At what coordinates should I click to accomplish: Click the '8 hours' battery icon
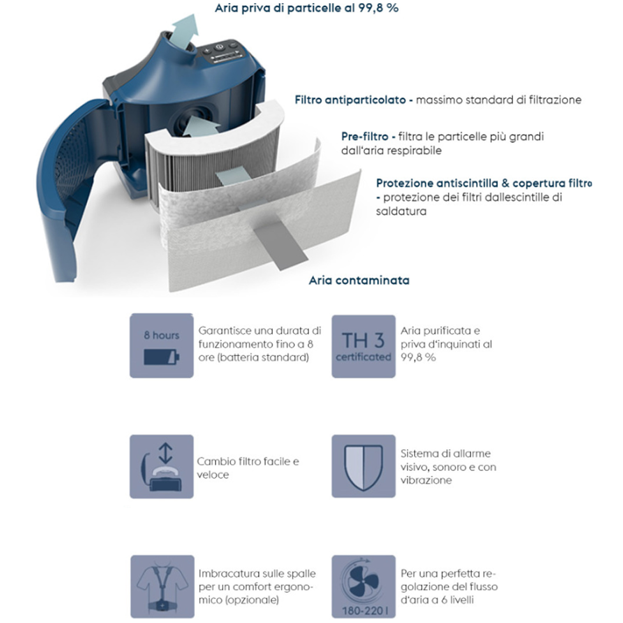coord(162,345)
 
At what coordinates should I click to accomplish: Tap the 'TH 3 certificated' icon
coord(363,346)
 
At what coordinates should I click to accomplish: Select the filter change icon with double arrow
coord(162,466)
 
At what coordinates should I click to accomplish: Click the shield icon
coord(363,466)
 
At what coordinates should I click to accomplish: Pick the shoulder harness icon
coord(162,586)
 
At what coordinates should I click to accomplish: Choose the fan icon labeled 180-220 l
coord(363,586)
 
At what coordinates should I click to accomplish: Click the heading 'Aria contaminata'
coord(359,280)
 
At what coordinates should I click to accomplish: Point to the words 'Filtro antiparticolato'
coord(350,100)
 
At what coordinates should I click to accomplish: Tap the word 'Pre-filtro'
coord(365,137)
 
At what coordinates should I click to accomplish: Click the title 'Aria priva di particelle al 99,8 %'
coord(307,8)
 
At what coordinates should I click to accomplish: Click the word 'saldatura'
coord(401,211)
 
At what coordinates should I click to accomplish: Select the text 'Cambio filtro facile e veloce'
coord(248,468)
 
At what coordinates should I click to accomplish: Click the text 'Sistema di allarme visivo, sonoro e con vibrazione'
coord(449,467)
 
